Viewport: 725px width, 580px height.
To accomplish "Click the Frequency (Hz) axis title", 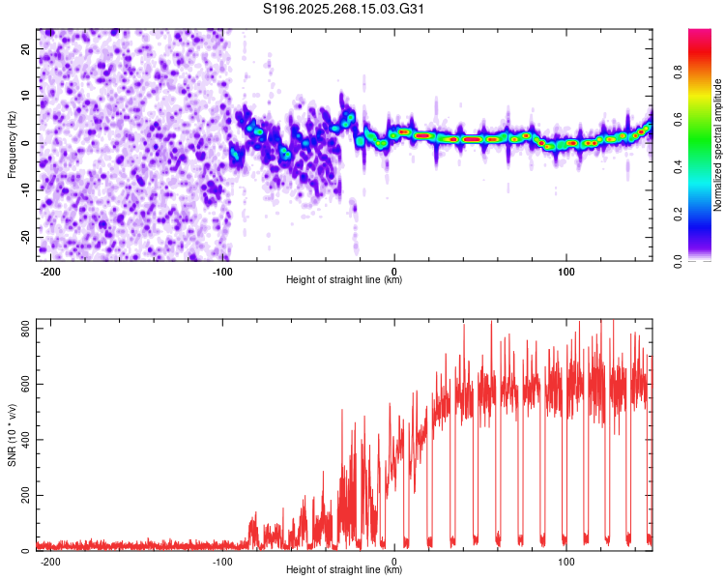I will tap(12, 145).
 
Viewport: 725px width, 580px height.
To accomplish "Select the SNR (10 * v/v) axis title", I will tap(12, 435).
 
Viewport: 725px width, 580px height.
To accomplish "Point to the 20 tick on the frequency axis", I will tap(27, 48).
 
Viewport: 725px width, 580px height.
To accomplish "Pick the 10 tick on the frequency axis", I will tap(27, 96).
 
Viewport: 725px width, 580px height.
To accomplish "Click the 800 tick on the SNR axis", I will tap(23, 330).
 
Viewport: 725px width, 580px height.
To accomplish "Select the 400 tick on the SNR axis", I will tap(23, 441).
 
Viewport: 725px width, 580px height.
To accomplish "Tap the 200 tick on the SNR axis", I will tap(23, 496).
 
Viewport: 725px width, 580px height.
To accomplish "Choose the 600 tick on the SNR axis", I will tap(23, 385).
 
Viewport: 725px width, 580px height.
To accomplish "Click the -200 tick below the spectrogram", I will tap(51, 270).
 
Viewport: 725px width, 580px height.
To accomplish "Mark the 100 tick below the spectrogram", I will tap(565, 270).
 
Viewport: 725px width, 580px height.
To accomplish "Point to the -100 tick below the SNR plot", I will tap(222, 560).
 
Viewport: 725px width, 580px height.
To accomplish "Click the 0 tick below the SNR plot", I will tap(394, 560).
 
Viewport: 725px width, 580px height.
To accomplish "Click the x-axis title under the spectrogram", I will tap(344, 280).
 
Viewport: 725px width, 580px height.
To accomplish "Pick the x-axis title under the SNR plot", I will tap(344, 570).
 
